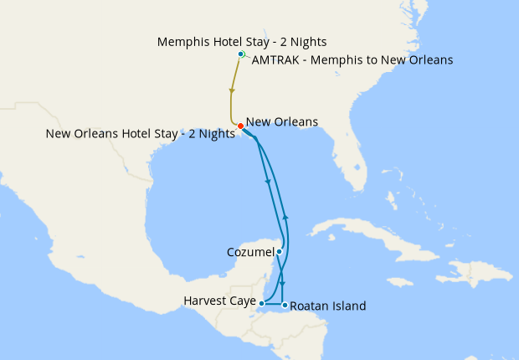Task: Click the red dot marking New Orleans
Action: [x=240, y=126]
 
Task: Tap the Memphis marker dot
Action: [x=240, y=54]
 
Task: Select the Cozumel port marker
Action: [x=279, y=251]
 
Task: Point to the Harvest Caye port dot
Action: [x=262, y=303]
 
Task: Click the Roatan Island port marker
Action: [x=285, y=304]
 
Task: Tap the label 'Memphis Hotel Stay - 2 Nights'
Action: [x=242, y=41]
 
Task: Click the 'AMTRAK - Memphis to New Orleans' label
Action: [x=352, y=60]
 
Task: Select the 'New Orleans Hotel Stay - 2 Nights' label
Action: [x=141, y=134]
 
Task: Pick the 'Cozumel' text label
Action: [x=249, y=252]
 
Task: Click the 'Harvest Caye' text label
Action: [x=219, y=301]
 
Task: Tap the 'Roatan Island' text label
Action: [x=327, y=306]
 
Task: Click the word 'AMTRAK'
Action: [x=274, y=60]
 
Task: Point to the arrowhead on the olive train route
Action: [x=230, y=90]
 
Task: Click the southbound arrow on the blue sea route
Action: [x=267, y=180]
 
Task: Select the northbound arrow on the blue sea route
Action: [x=285, y=216]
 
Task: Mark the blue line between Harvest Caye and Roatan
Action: [x=274, y=303]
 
